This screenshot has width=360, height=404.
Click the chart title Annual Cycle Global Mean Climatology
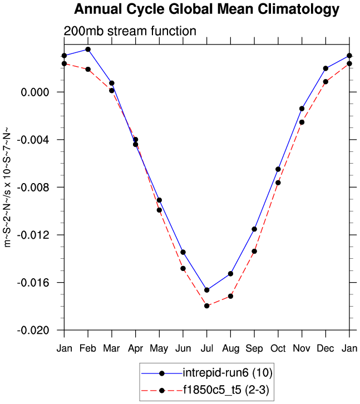pyautogui.click(x=206, y=9)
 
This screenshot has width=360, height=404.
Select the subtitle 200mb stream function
pyautogui.click(x=130, y=31)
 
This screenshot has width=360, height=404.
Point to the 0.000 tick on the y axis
pyautogui.click(x=34, y=92)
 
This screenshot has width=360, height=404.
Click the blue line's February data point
pyautogui.click(x=88, y=50)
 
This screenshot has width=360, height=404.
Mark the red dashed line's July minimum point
pyautogui.click(x=207, y=306)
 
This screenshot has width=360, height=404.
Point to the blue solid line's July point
pyautogui.click(x=207, y=290)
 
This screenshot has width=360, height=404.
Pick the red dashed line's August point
pyautogui.click(x=231, y=296)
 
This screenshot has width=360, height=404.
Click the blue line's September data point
pyautogui.click(x=254, y=229)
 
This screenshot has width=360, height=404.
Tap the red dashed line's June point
pyautogui.click(x=183, y=268)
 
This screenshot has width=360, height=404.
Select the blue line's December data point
pyautogui.click(x=326, y=68)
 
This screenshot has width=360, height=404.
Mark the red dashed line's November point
pyautogui.click(x=302, y=122)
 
